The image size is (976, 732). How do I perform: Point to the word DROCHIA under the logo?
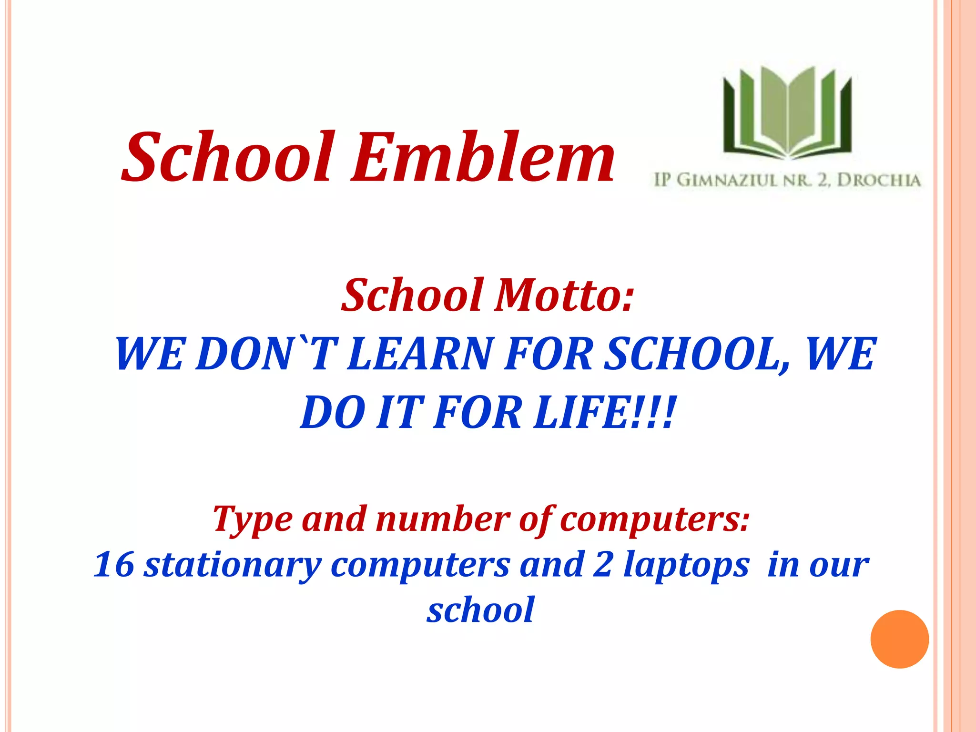point(879,181)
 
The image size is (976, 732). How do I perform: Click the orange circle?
point(899,639)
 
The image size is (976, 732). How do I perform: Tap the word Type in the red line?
point(253,519)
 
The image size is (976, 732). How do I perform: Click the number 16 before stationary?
point(114,564)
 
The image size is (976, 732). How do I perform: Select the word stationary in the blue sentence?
point(234,565)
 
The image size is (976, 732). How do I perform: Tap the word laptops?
point(686,565)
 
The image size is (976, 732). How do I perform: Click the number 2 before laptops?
point(603,564)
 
